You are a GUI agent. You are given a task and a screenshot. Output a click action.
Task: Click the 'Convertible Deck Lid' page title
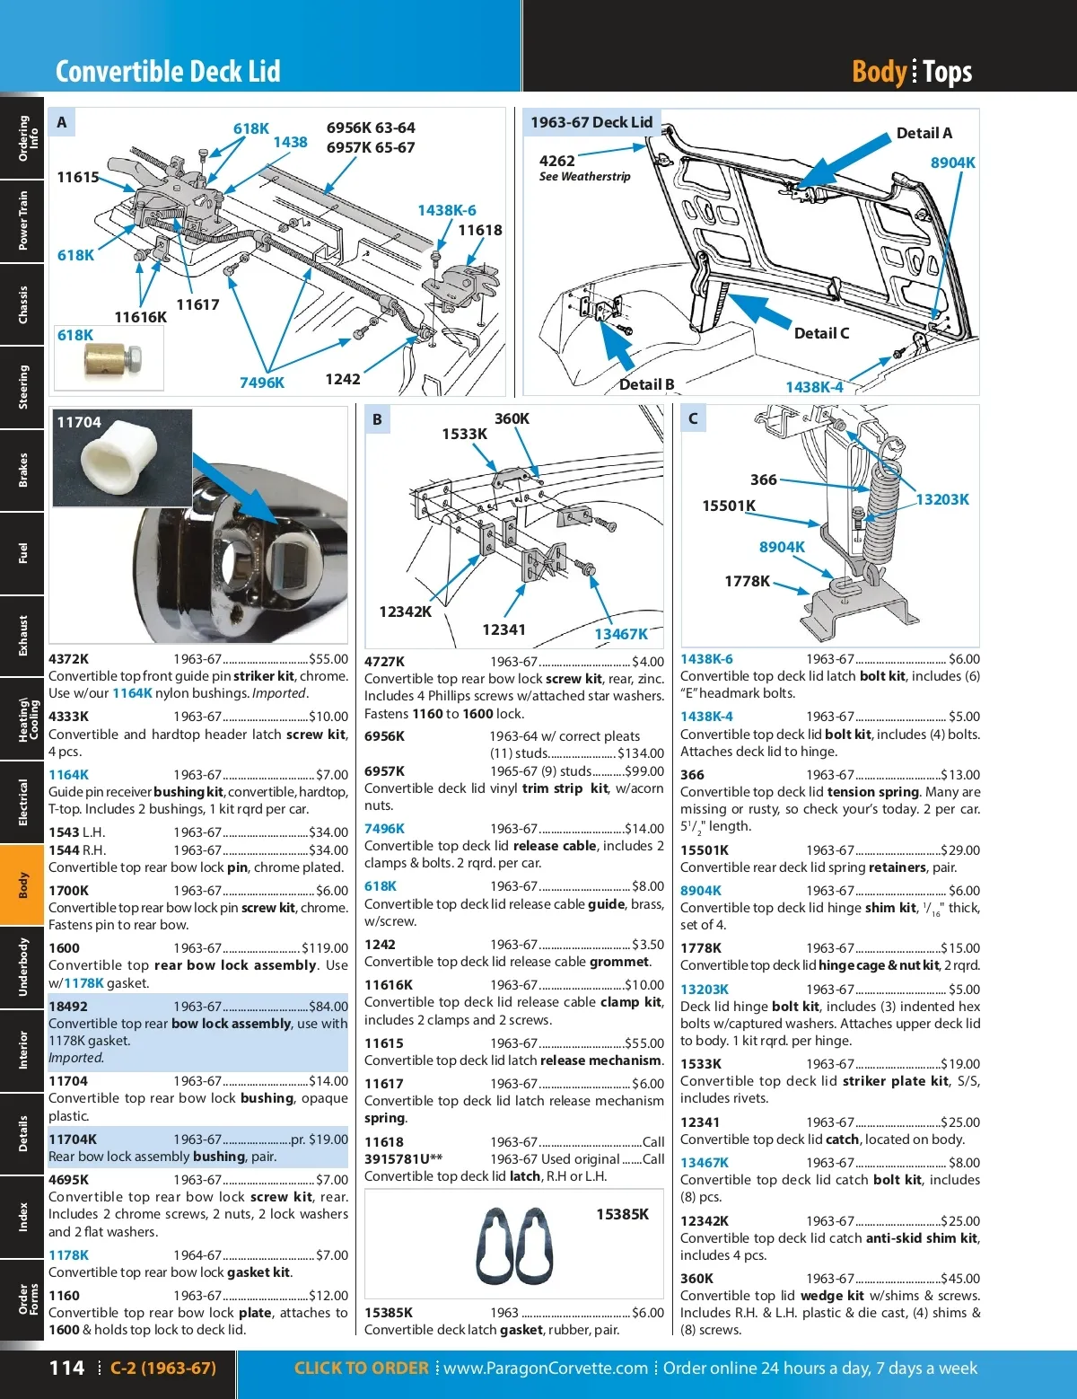point(168,71)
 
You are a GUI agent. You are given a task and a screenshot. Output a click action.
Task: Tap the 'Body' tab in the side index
point(22,884)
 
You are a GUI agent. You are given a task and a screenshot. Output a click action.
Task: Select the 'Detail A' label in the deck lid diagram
point(924,133)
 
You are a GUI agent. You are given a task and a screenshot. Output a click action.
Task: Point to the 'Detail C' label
point(821,333)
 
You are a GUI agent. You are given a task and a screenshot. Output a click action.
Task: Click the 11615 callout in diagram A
point(78,177)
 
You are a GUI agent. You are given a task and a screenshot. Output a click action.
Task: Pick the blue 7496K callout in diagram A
point(261,383)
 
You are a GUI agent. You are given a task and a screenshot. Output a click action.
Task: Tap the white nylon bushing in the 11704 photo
point(119,457)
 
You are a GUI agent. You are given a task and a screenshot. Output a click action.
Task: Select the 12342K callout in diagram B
point(405,612)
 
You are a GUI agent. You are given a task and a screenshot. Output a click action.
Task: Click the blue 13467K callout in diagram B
point(620,634)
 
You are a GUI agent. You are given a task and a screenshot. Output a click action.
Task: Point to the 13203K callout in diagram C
point(941,499)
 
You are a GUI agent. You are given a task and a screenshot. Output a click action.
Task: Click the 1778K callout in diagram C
point(747,581)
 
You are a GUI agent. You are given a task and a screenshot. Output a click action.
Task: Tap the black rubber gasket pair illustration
point(515,1246)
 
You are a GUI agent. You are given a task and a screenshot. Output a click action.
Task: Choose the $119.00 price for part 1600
point(325,948)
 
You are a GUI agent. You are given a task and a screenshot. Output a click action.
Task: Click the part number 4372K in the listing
point(68,659)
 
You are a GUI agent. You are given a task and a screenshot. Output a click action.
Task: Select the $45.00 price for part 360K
point(960,1279)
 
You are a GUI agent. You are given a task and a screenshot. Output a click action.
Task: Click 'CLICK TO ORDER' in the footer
point(361,1368)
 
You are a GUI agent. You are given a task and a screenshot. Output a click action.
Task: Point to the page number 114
point(66,1368)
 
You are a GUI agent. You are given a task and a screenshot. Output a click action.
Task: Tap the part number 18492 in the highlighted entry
point(68,1007)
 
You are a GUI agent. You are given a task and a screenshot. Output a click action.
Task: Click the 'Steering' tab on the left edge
point(22,387)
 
